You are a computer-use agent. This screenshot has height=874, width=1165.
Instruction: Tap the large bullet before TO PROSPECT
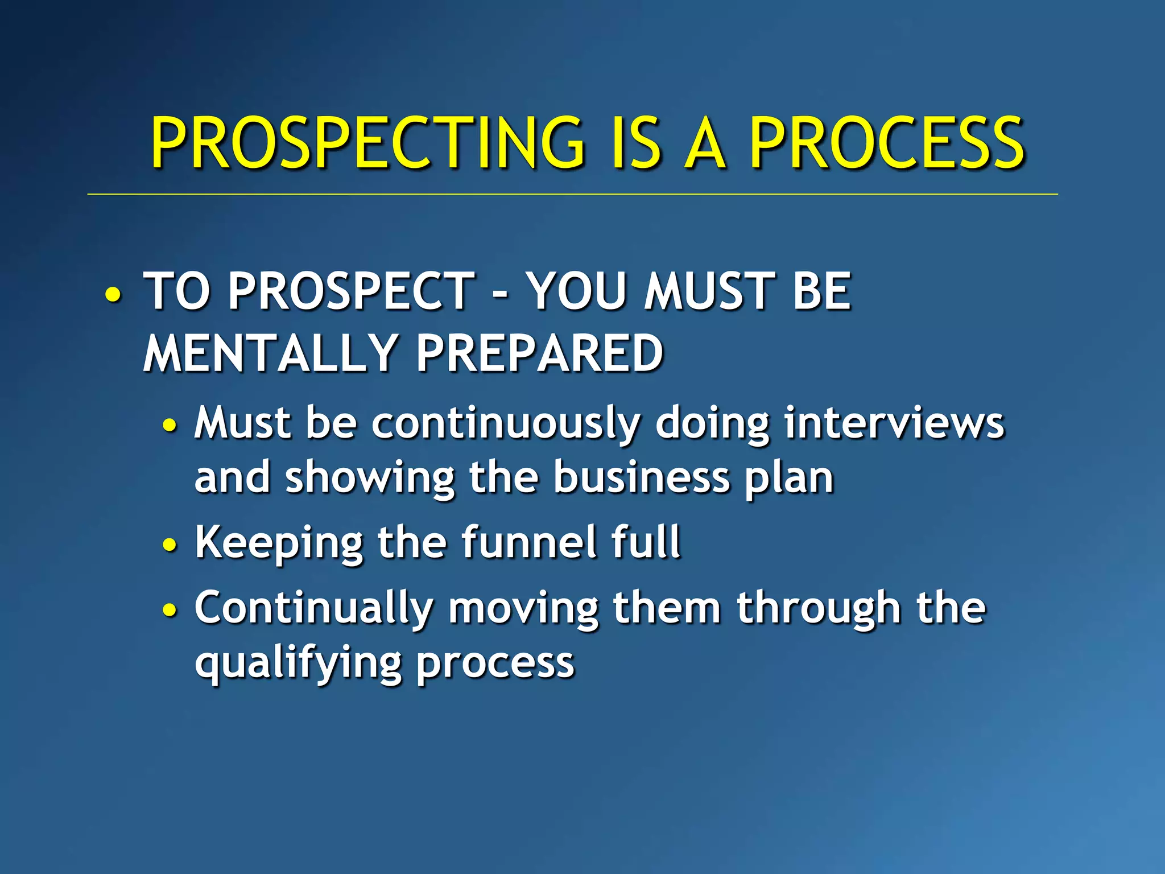pos(113,295)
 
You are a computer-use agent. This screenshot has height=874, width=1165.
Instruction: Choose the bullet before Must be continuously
pos(170,424)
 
